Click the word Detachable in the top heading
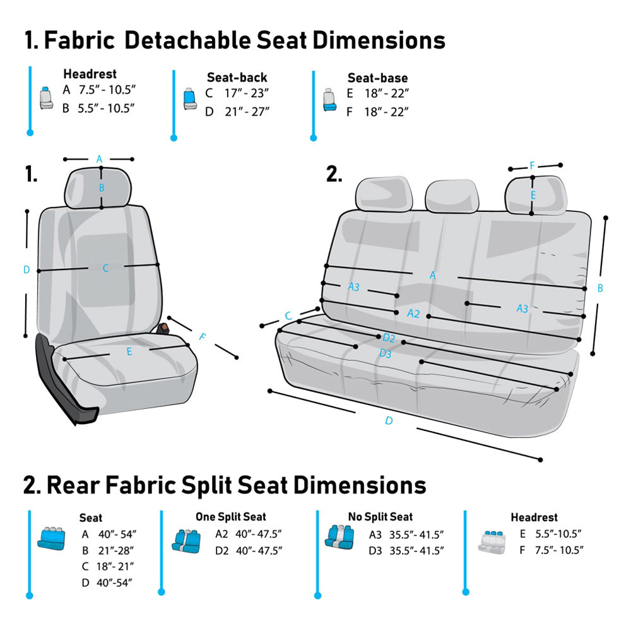coord(187,40)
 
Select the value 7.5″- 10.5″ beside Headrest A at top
coord(107,90)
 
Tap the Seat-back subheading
coord(237,77)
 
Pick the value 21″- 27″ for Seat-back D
coord(247,112)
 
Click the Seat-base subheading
coord(377,78)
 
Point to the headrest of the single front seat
coord(98,188)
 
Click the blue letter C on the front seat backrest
coord(105,268)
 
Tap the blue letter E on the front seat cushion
coord(129,351)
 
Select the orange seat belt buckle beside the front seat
coord(164,328)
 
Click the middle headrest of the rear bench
coord(452,197)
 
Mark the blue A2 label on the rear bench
coord(413,314)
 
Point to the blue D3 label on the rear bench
coord(385,354)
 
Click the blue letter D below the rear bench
coord(389,420)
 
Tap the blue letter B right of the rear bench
coord(600,288)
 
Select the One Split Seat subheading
coord(230,517)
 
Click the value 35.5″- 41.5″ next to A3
coord(416,535)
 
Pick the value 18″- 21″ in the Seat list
coord(115,567)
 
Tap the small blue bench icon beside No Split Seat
coord(339,537)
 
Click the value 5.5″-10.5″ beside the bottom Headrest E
coord(558,534)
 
